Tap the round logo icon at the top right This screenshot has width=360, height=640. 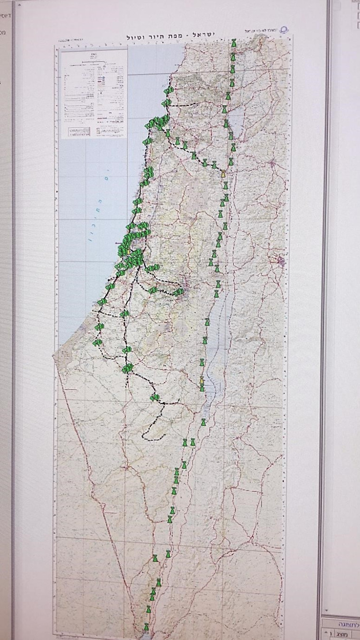coord(284,29)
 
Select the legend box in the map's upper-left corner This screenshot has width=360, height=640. coord(94,93)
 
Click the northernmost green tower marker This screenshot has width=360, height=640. coord(233,44)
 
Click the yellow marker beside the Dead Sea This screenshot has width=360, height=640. coord(202,380)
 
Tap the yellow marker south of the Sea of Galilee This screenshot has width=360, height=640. coord(223,173)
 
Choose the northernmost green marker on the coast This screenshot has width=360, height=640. coord(167,90)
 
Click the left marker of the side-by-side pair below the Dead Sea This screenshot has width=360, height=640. coord(185,442)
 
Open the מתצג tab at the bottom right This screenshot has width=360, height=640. coord(342,633)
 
